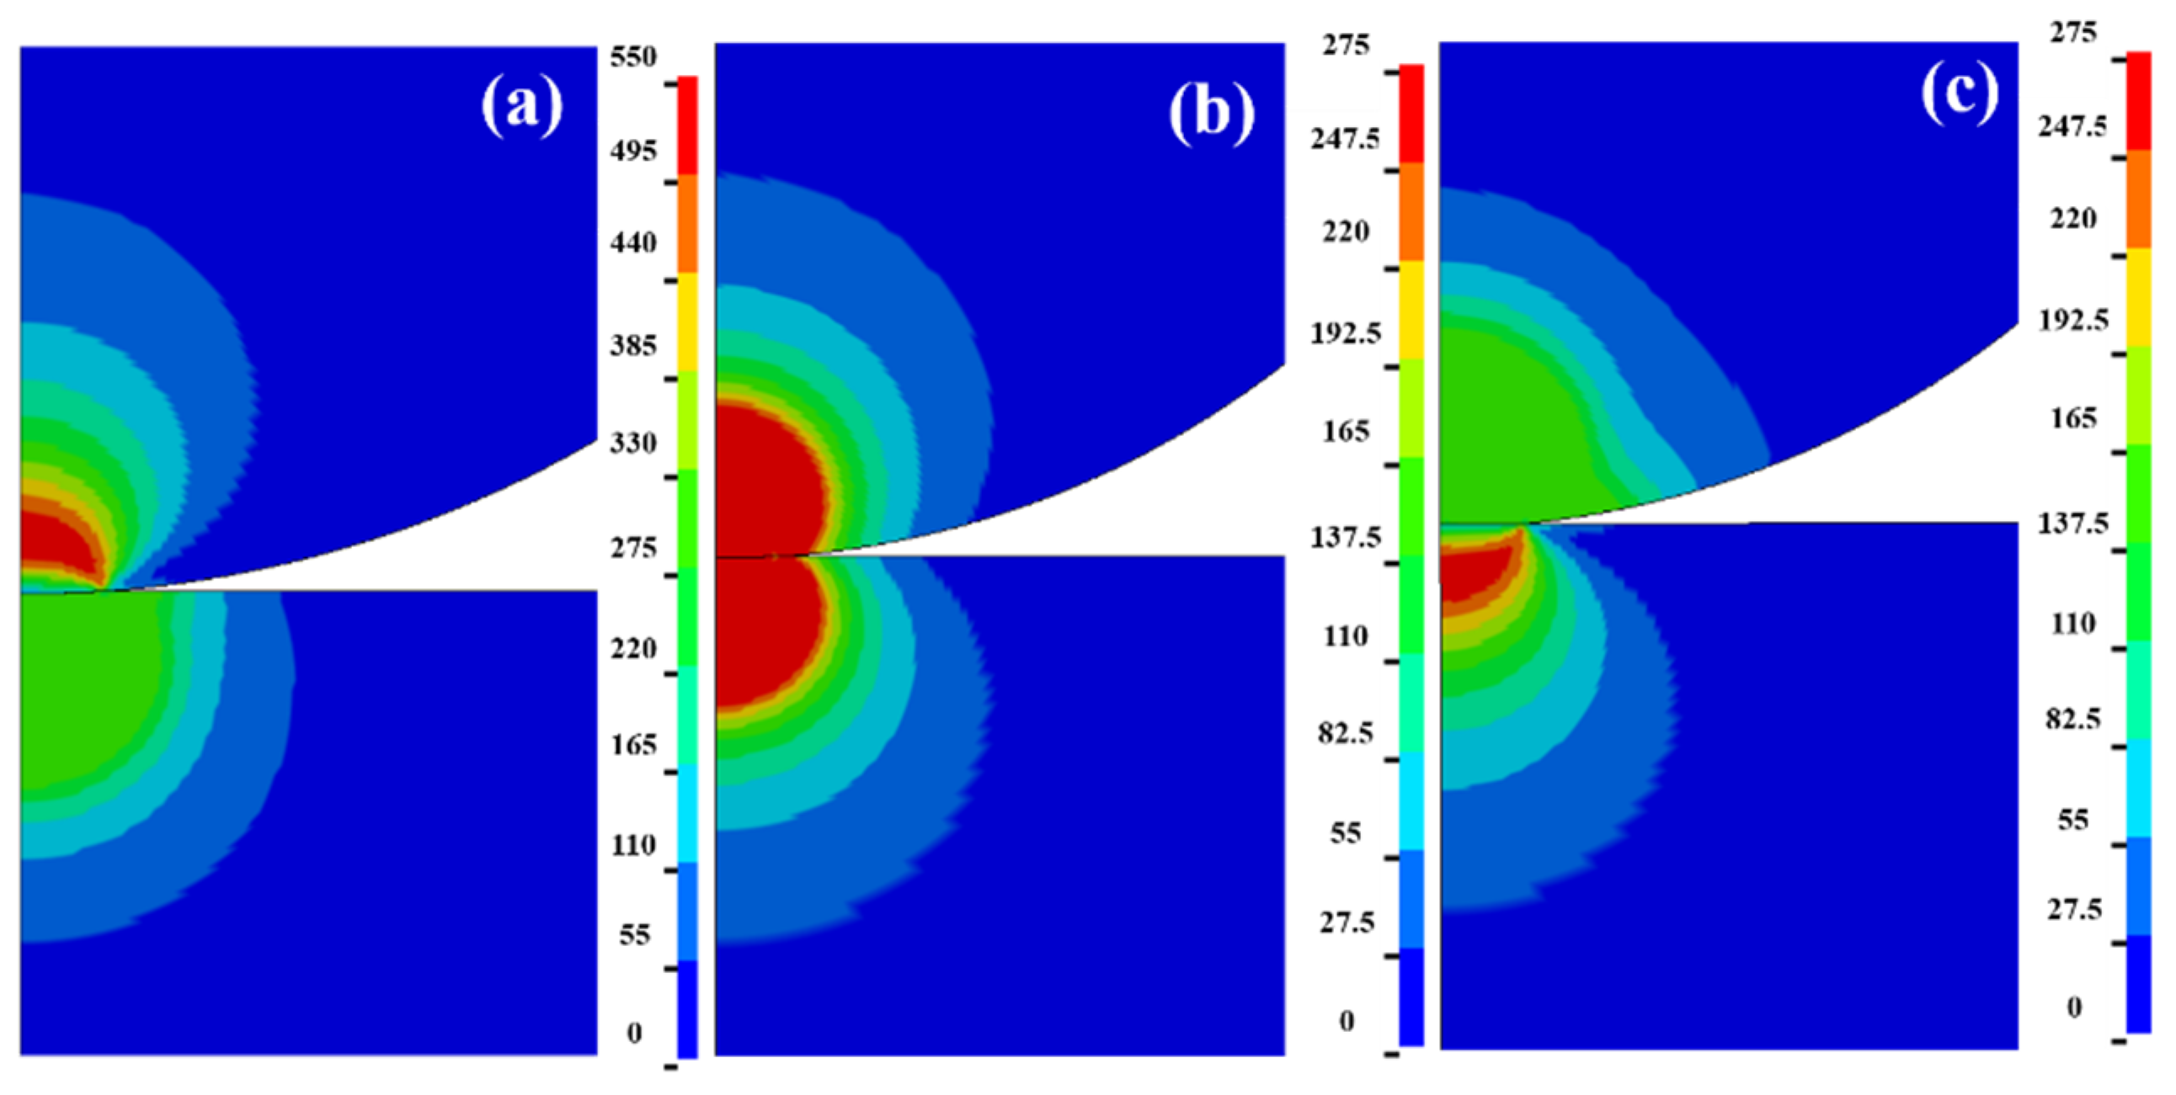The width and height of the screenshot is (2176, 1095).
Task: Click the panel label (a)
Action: tap(521, 104)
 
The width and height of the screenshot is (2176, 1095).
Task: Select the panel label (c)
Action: tap(1960, 93)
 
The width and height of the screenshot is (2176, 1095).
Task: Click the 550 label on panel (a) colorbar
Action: tap(632, 57)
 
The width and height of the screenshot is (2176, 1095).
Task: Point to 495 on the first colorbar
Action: tap(632, 151)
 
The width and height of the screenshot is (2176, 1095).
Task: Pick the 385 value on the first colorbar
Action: tap(632, 345)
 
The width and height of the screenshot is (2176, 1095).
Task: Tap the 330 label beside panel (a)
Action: tap(632, 444)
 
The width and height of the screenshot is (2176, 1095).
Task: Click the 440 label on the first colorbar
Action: tap(632, 243)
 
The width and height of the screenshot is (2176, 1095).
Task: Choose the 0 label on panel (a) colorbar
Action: tap(633, 1033)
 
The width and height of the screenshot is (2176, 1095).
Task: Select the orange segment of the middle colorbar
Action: tap(1411, 211)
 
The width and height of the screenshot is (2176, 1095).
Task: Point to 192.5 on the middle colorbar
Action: tap(1346, 333)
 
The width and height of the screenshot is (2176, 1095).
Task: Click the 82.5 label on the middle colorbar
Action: tap(1346, 733)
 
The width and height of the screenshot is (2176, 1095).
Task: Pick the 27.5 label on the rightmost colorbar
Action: tap(2074, 910)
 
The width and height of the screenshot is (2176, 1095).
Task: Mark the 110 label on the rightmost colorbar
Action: tap(2074, 624)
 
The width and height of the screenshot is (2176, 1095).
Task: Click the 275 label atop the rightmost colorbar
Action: tap(2073, 33)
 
